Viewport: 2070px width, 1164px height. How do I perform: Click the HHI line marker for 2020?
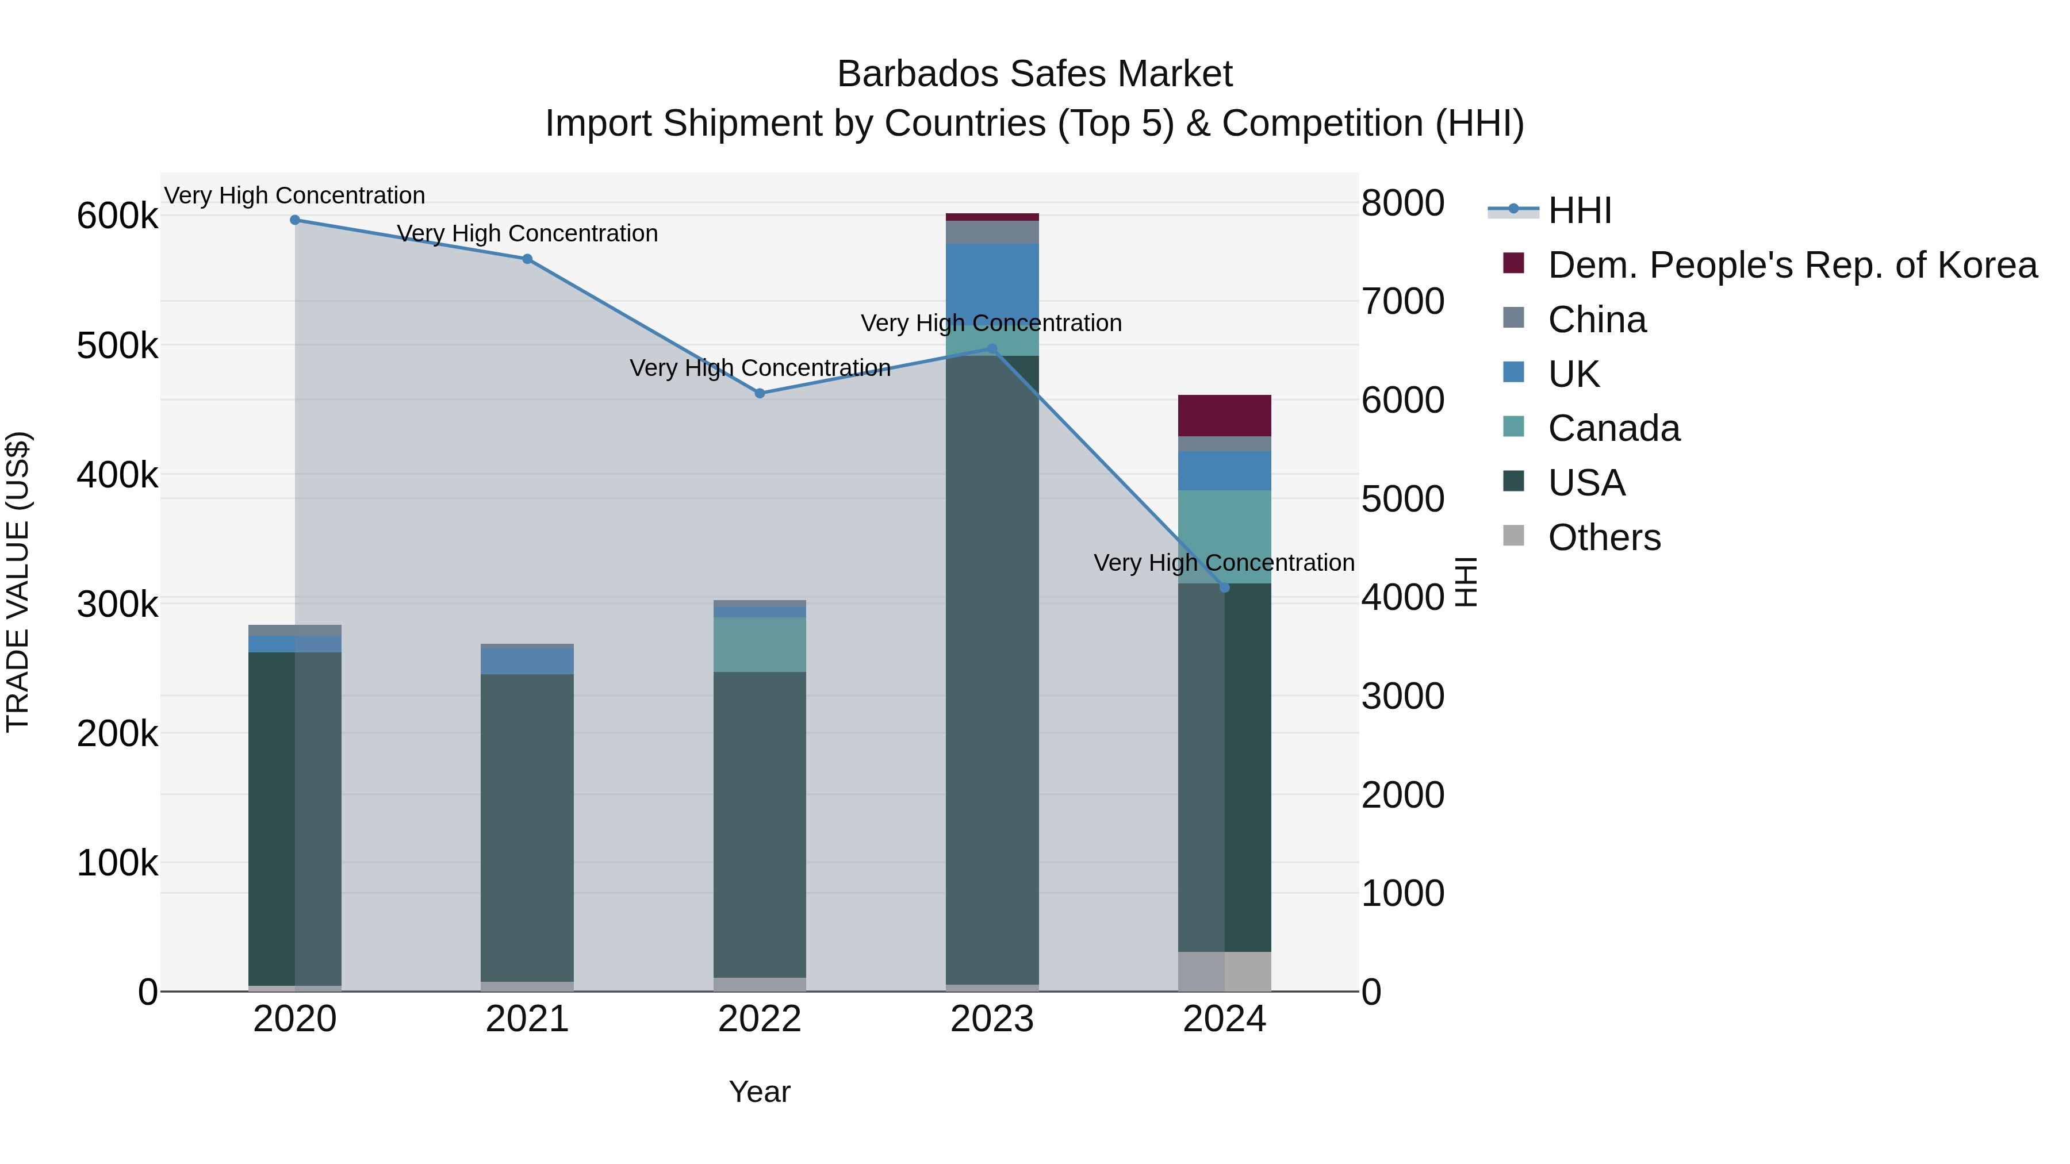[x=295, y=220]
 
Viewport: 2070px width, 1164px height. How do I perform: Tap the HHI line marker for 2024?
[x=1224, y=587]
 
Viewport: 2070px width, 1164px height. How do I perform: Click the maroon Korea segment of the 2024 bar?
[x=1224, y=416]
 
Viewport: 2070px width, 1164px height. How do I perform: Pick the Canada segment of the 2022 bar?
[x=760, y=644]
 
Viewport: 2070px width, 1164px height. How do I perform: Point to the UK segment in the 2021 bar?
[x=527, y=660]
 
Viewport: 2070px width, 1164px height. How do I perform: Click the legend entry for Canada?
[x=1613, y=428]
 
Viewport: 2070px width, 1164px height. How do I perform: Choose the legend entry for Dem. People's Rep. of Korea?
[x=1791, y=265]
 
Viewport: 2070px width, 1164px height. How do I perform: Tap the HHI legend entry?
[x=1579, y=210]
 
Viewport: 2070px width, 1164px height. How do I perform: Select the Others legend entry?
[x=1603, y=537]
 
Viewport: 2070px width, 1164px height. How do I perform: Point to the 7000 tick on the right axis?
[x=1402, y=301]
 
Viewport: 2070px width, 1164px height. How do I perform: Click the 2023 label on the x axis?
[x=992, y=1019]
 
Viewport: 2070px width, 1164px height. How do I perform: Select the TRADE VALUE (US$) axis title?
[x=18, y=582]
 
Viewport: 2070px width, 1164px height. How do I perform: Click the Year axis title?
[x=760, y=1092]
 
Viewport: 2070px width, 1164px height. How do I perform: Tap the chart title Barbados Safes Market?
[x=1034, y=74]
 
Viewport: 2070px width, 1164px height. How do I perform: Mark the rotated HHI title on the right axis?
[x=1466, y=582]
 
